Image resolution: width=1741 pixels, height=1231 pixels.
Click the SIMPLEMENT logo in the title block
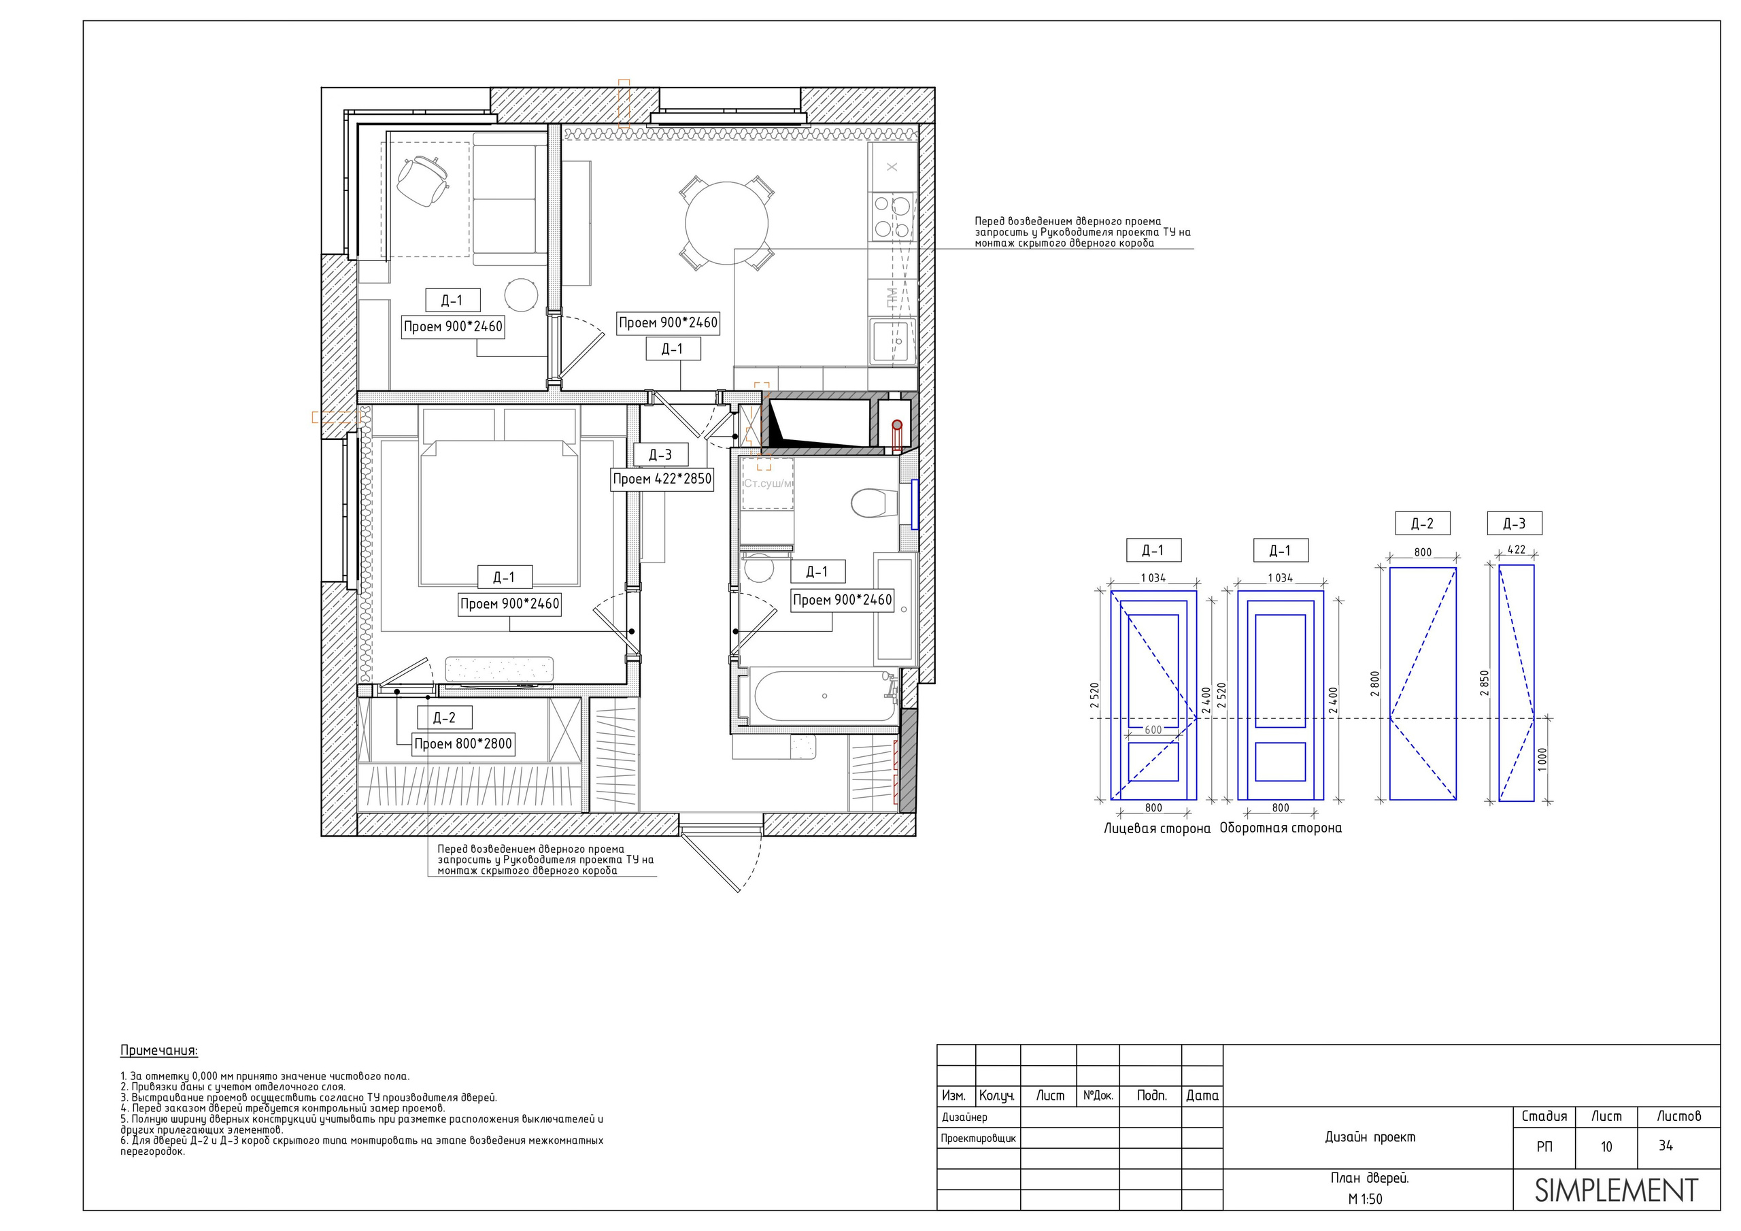click(x=1616, y=1190)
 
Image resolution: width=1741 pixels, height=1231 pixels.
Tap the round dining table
click(x=726, y=223)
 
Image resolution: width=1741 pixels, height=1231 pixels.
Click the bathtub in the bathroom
click(x=823, y=696)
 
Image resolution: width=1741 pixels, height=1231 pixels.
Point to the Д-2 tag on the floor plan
click(x=444, y=718)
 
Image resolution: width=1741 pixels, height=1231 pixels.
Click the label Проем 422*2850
click(x=662, y=479)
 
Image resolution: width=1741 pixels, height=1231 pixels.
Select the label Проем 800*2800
click(x=463, y=744)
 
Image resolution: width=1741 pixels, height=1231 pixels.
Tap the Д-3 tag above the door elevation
click(x=1515, y=524)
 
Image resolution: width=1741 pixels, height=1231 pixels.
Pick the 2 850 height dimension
click(x=1484, y=683)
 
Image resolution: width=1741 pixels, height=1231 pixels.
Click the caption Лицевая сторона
click(x=1157, y=828)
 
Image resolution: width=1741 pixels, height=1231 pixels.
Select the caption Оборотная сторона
click(x=1281, y=828)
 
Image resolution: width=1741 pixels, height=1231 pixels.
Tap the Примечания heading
click(x=159, y=1051)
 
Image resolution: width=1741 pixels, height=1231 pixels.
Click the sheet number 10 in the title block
click(x=1606, y=1147)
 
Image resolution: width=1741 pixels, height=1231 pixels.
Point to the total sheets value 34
click(x=1666, y=1145)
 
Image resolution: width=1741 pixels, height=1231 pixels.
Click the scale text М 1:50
click(x=1365, y=1199)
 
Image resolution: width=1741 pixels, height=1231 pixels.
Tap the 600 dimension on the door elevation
click(x=1153, y=730)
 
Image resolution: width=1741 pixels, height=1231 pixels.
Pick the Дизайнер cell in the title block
click(x=964, y=1117)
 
